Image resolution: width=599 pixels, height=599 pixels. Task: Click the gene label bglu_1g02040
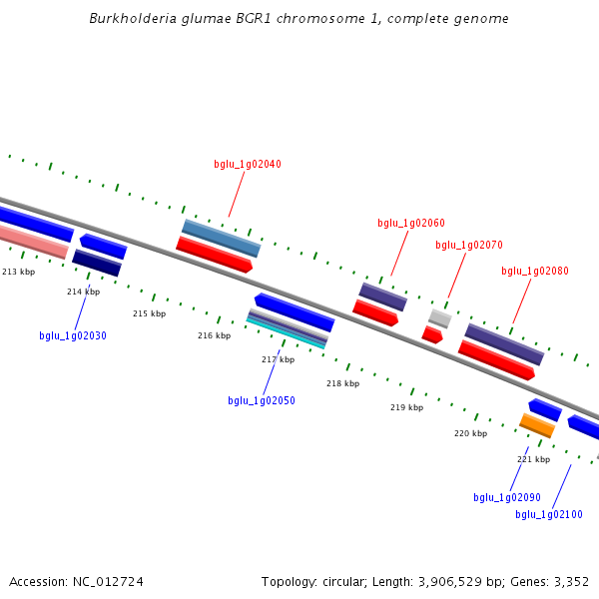[248, 165]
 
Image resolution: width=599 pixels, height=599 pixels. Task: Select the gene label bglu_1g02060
[411, 223]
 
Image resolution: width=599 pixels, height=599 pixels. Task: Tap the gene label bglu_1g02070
[469, 245]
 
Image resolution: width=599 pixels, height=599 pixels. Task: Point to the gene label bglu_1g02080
[535, 271]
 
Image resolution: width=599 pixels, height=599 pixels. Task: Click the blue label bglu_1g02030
[73, 335]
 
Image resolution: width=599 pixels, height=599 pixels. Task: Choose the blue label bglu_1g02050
[262, 400]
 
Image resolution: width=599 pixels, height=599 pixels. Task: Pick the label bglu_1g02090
[507, 497]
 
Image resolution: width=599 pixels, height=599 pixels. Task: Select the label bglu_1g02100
[549, 514]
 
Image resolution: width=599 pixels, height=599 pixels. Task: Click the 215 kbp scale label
[150, 313]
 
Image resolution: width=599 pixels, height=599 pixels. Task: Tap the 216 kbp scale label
[215, 335]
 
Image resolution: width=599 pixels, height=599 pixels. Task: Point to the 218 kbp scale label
[343, 383]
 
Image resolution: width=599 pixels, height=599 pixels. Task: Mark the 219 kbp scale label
[407, 407]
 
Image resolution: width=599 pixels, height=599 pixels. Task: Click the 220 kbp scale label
[470, 433]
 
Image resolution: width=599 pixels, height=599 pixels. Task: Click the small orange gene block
[537, 425]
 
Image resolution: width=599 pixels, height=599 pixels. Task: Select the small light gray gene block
[440, 318]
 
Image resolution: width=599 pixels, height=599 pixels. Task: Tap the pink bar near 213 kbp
[33, 242]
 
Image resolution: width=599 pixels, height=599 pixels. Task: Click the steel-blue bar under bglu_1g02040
[222, 239]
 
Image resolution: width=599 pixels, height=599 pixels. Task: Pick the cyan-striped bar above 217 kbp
[287, 328]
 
